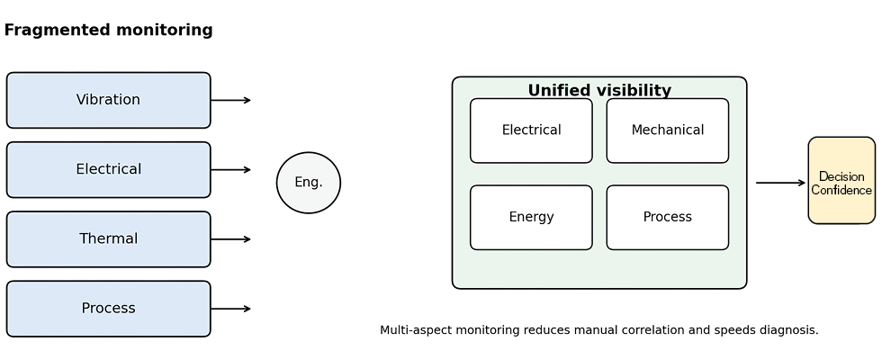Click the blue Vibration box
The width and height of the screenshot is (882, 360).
click(108, 100)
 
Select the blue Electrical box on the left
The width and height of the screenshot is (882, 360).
click(108, 169)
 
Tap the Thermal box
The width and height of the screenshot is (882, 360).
click(108, 239)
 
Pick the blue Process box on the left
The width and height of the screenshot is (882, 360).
click(108, 309)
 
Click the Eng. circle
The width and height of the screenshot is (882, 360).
click(309, 183)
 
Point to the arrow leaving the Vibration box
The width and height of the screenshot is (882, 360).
click(231, 101)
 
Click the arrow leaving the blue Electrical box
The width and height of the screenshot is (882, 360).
click(231, 170)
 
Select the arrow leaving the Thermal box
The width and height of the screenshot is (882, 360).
click(231, 239)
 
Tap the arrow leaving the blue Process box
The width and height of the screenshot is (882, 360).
click(231, 309)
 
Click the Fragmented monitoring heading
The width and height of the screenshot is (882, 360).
click(108, 31)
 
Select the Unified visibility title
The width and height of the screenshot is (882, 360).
click(599, 90)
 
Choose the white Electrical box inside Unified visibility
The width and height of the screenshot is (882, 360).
click(531, 130)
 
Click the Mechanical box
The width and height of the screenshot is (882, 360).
click(667, 130)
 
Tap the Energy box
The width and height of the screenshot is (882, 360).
click(531, 217)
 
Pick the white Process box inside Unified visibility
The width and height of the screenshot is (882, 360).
click(667, 217)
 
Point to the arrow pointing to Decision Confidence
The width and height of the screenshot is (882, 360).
click(780, 183)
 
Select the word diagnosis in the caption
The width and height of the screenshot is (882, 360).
click(786, 330)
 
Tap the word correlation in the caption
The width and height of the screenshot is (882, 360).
click(645, 330)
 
